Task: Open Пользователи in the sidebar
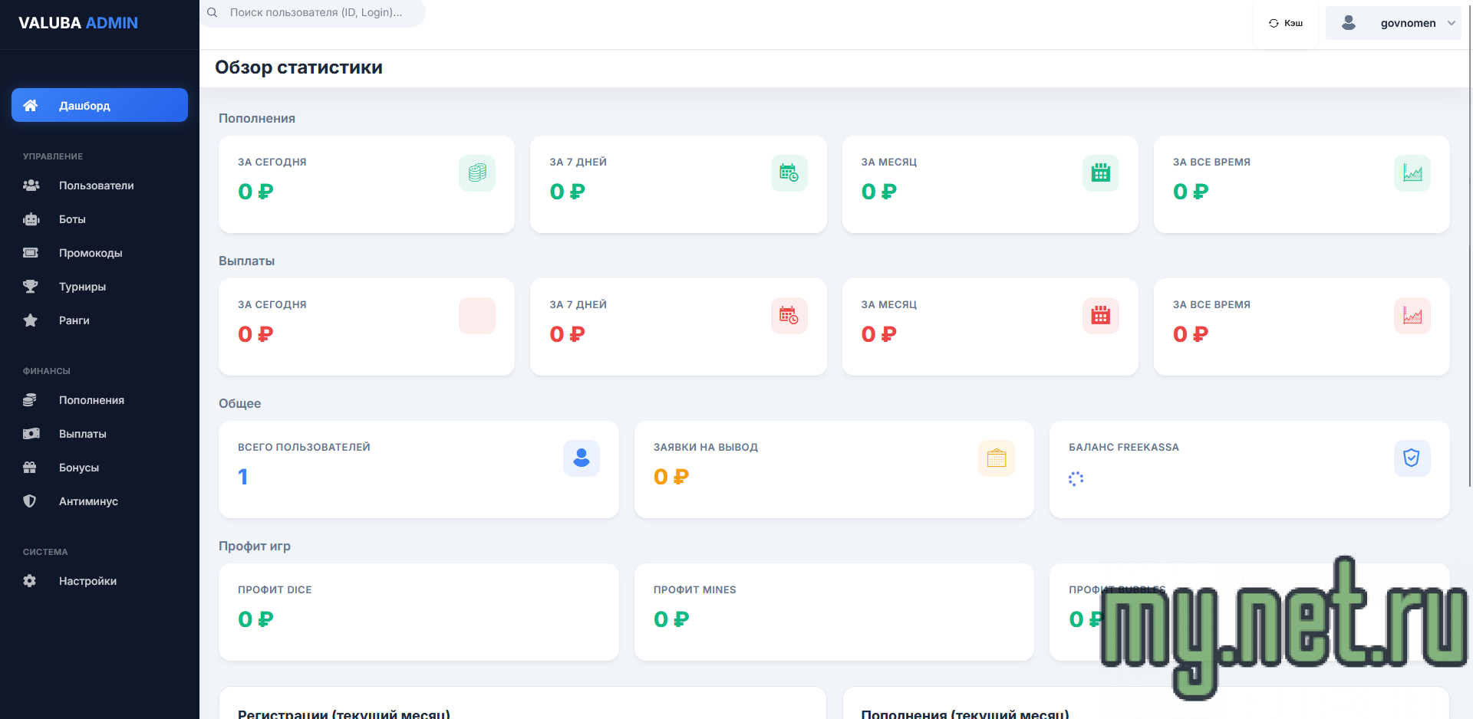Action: (x=96, y=185)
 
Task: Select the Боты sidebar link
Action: (x=72, y=219)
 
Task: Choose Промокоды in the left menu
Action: (x=91, y=253)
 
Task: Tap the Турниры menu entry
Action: (x=82, y=287)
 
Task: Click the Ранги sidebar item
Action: (x=74, y=320)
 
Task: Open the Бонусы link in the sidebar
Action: (x=79, y=468)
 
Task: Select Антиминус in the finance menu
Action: (x=88, y=501)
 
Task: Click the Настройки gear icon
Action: (x=30, y=581)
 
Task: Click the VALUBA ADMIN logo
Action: (x=78, y=23)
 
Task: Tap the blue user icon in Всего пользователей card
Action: (x=582, y=458)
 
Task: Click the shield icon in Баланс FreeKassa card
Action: (x=1412, y=458)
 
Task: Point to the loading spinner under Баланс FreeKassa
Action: (x=1076, y=479)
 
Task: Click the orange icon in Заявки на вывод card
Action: (x=997, y=458)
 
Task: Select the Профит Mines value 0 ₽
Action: (x=671, y=619)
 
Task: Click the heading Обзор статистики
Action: (x=298, y=67)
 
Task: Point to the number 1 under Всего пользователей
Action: (x=243, y=477)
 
